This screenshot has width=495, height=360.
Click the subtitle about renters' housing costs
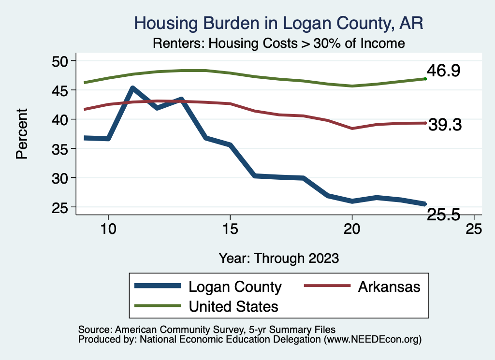pyautogui.click(x=278, y=43)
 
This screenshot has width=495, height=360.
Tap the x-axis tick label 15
pyautogui.click(x=230, y=229)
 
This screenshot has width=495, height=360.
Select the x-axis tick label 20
pyautogui.click(x=352, y=229)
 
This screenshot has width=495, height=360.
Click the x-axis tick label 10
pyautogui.click(x=108, y=229)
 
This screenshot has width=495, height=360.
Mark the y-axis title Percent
pyautogui.click(x=21, y=134)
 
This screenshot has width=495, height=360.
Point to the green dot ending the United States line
pyautogui.click(x=425, y=78)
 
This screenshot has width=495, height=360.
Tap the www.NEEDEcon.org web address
pyautogui.click(x=373, y=340)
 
